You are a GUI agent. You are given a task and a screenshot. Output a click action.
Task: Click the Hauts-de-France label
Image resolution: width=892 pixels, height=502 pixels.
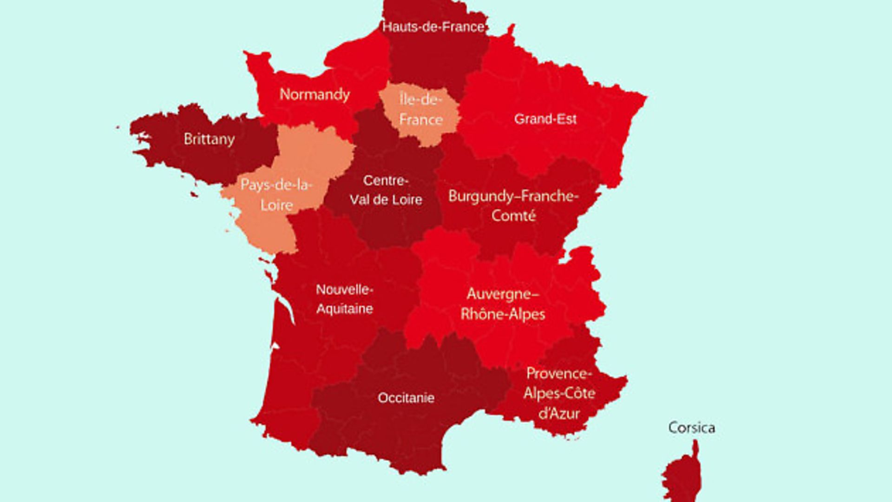click(433, 27)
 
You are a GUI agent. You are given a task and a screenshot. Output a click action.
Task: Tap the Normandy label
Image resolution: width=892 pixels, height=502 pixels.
click(315, 94)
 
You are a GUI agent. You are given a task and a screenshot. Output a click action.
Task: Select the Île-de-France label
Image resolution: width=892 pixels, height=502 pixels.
click(421, 110)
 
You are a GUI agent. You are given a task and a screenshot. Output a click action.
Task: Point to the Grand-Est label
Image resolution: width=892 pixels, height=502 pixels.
click(545, 119)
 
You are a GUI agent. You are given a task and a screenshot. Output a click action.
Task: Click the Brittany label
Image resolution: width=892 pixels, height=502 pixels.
click(209, 139)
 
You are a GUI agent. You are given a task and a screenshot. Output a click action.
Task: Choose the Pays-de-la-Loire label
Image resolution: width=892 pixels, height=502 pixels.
click(276, 195)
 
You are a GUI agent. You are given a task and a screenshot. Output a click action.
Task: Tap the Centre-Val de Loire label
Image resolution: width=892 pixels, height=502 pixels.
click(386, 190)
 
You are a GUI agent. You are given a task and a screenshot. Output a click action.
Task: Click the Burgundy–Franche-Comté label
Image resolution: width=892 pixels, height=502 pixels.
click(513, 205)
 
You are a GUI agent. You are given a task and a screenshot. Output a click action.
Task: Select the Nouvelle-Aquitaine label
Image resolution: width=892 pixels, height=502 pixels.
click(344, 299)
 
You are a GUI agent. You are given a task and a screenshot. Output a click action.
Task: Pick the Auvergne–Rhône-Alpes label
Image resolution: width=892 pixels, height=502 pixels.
click(503, 304)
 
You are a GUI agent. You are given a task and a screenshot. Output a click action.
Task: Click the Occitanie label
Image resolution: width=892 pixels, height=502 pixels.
click(406, 398)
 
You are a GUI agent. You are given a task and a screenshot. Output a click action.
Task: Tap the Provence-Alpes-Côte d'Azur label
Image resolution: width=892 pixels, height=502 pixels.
click(559, 393)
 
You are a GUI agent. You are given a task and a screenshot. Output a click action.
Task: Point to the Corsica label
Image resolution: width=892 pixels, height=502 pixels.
click(691, 428)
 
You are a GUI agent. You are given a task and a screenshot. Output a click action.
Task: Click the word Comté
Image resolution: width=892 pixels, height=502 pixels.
click(513, 216)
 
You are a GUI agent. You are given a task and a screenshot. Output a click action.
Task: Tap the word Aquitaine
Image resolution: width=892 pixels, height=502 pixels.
click(344, 309)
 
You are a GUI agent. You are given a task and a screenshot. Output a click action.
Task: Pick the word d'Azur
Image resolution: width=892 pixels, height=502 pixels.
click(559, 413)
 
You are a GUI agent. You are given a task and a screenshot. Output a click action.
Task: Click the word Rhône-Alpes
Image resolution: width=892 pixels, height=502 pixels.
click(503, 314)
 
